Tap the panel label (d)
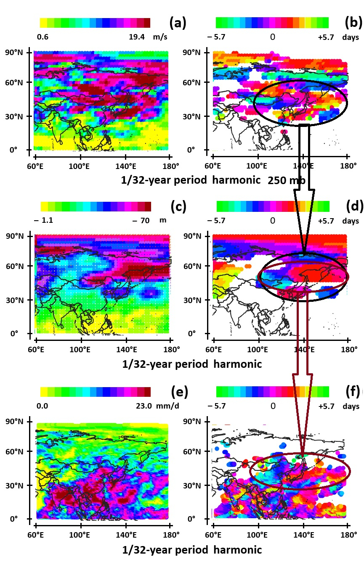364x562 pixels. tap(354, 206)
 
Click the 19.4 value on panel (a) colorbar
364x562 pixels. tap(137, 37)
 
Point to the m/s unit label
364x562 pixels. tap(159, 37)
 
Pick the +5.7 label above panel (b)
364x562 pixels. tap(326, 37)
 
